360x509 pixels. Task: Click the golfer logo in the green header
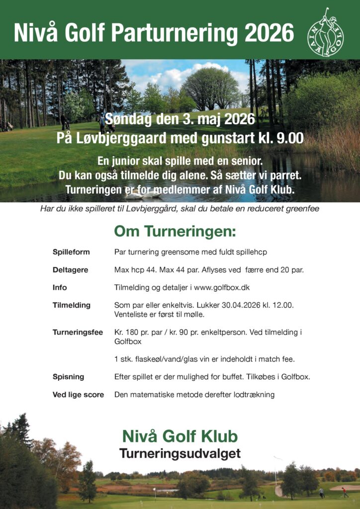coord(326,32)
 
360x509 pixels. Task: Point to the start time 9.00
coord(290,138)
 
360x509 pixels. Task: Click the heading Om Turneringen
coord(175,231)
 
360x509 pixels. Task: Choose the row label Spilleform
coord(71,252)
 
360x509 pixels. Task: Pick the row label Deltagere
coord(70,270)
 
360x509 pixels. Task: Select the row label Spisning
coord(68,377)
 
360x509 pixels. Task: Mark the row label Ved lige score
coord(78,395)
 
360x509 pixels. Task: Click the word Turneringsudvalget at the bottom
coord(180,453)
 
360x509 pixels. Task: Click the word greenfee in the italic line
coord(302,209)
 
